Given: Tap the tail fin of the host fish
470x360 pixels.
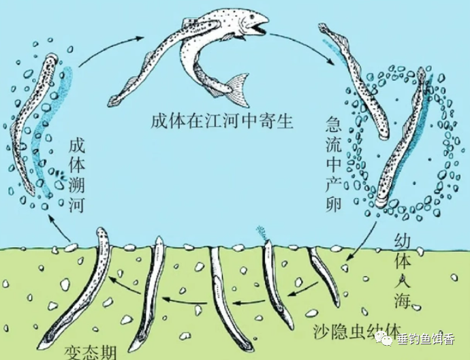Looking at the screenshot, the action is tap(236, 84).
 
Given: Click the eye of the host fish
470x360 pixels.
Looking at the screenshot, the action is tap(247, 21).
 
